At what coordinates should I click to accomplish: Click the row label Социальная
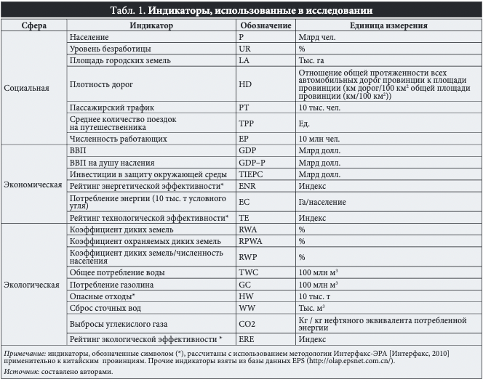[26, 89]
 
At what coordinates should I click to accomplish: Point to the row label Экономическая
[33, 184]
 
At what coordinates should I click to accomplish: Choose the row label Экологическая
[32, 285]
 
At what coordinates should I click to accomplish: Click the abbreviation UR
[244, 47]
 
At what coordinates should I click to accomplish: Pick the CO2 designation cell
[247, 323]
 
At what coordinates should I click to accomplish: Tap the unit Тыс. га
[313, 60]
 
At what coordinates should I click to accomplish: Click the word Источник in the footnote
[20, 372]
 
